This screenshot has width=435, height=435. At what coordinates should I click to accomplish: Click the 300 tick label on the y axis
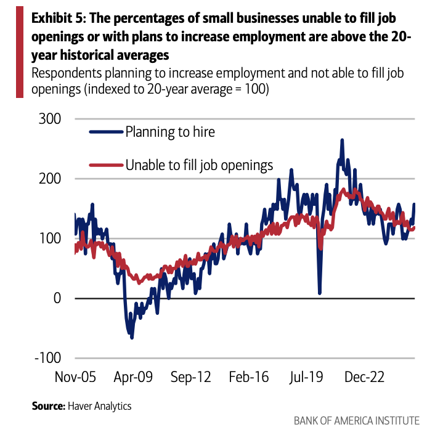[x=51, y=119]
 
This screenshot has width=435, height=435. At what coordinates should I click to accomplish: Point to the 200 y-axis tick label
[x=51, y=179]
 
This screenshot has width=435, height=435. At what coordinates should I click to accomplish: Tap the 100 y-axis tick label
[x=51, y=238]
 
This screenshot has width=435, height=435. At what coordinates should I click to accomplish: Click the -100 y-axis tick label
[x=48, y=358]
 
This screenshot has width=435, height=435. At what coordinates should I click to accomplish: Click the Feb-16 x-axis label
[x=248, y=377]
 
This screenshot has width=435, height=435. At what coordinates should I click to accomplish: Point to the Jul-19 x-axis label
[x=306, y=377]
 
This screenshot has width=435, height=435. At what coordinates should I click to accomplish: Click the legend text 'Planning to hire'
[x=170, y=131]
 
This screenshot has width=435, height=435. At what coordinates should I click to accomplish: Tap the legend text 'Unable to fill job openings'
[x=199, y=165]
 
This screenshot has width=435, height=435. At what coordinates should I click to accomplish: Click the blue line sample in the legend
[x=106, y=131]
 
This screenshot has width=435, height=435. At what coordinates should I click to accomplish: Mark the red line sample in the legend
[x=106, y=165]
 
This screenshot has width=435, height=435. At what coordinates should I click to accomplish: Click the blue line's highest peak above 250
[x=342, y=140]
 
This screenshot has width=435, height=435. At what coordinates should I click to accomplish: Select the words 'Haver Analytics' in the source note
[x=100, y=406]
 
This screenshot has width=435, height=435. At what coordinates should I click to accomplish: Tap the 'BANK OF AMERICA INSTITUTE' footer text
[x=357, y=421]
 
